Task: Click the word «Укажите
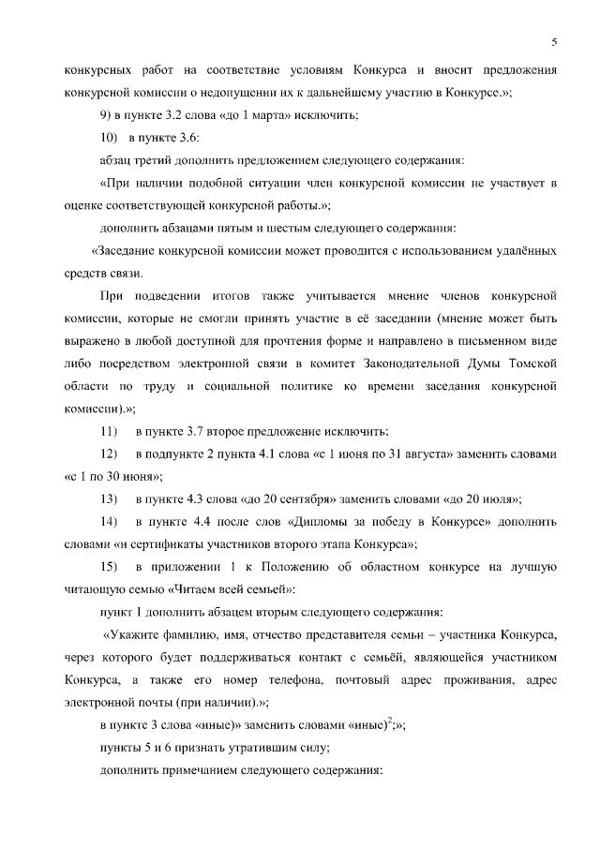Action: tap(142, 633)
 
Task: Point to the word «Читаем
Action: tap(194, 588)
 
